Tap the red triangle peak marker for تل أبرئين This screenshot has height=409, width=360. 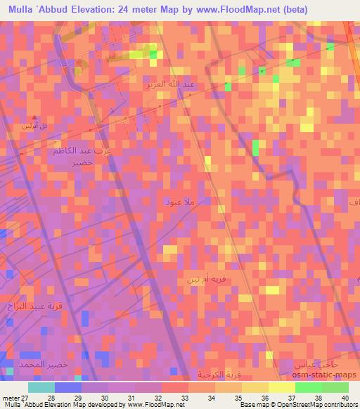[x=33, y=117]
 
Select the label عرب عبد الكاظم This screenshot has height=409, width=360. [x=82, y=151]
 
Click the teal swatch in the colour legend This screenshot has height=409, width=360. [x=41, y=387]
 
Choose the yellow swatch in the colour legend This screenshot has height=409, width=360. [x=281, y=387]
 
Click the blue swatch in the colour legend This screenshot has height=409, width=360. [x=68, y=387]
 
